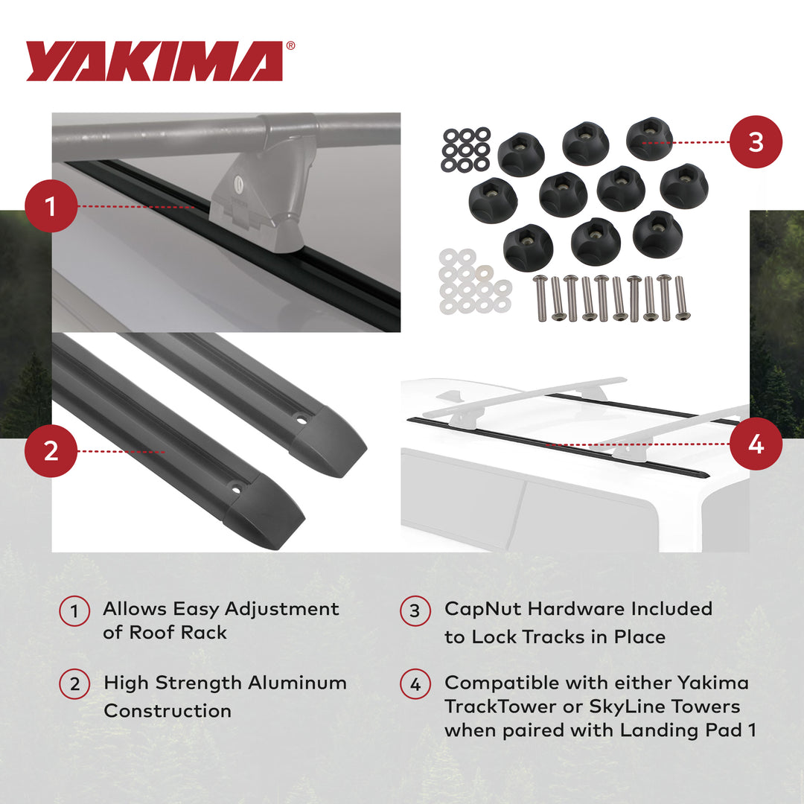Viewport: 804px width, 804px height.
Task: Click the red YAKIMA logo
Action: click(155, 61)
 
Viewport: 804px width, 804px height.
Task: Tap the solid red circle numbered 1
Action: click(51, 205)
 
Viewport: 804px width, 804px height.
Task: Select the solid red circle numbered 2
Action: click(51, 451)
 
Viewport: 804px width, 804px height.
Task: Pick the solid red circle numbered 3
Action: click(756, 141)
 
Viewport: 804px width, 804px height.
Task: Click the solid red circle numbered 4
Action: click(756, 444)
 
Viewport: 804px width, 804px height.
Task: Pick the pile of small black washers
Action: click(466, 148)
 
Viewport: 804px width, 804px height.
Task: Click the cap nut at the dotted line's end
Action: click(649, 139)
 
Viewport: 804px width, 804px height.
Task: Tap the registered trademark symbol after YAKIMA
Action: click(290, 46)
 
